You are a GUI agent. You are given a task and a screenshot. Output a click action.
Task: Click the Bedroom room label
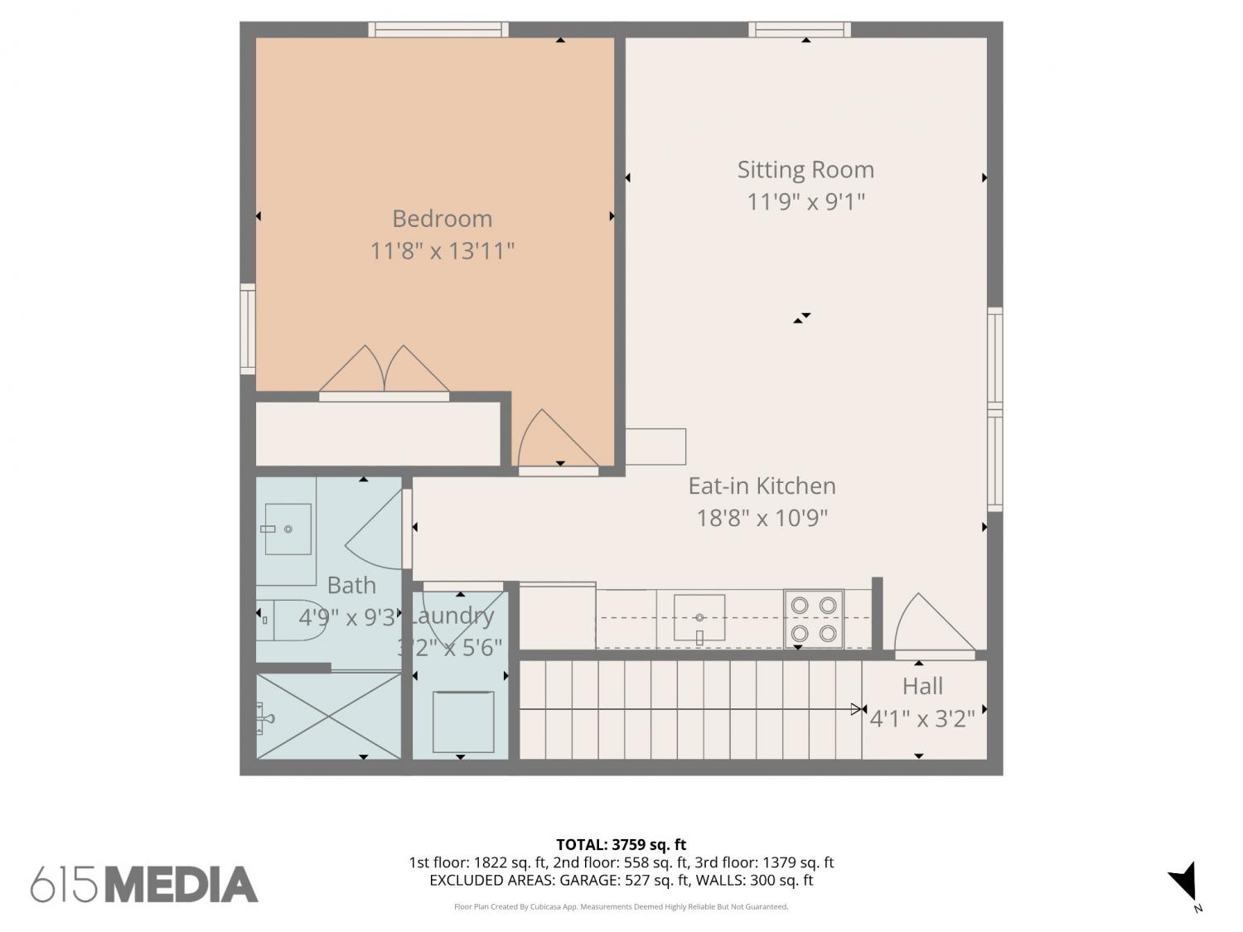point(442,219)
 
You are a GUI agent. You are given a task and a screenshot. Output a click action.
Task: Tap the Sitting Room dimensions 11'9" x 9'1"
point(805,201)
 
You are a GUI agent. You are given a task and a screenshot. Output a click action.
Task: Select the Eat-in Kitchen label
point(762,486)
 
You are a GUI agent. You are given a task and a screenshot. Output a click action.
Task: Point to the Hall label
point(922,686)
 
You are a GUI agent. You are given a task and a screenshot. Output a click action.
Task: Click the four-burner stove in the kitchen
point(813,619)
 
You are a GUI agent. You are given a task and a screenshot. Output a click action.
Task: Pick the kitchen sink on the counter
point(699,617)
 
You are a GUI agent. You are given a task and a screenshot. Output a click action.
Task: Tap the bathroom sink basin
point(288,529)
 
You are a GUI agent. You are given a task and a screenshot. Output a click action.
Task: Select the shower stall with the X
point(328,716)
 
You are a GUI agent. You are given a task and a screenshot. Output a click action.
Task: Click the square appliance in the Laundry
point(462,722)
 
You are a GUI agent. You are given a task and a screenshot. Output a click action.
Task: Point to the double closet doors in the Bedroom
point(384,370)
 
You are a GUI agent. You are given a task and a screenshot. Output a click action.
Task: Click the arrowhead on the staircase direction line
point(856,709)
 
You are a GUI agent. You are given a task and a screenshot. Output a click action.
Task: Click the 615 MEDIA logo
point(144,884)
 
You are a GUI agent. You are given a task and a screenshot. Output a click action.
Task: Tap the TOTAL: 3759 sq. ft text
point(621,845)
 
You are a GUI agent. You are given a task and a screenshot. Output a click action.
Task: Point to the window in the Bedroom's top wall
point(438,30)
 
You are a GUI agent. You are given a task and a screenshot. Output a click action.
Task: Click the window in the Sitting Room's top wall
point(799,30)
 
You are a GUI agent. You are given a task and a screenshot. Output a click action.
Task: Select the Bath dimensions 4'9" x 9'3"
point(347,617)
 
